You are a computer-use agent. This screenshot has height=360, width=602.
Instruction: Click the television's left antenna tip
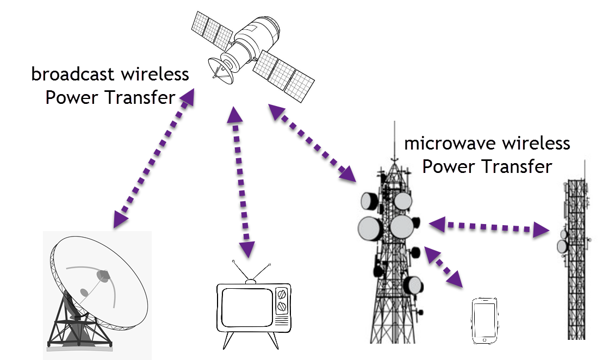(x=234, y=262)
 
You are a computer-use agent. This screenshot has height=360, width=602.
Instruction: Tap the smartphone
(x=485, y=320)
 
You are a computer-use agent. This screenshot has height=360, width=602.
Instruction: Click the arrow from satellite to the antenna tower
(x=313, y=143)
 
